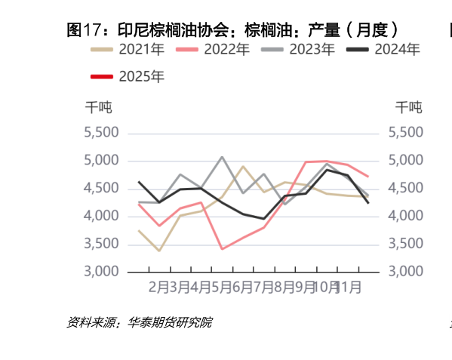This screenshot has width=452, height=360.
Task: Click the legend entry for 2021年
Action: pyautogui.click(x=127, y=50)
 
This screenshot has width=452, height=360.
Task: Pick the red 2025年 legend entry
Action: pyautogui.click(x=127, y=76)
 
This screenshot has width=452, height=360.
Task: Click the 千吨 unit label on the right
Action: pyautogui.click(x=409, y=106)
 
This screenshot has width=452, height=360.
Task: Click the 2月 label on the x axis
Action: pyautogui.click(x=158, y=288)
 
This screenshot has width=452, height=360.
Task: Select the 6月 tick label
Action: pyautogui.click(x=242, y=288)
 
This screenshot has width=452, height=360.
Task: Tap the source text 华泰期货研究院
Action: pyautogui.click(x=170, y=323)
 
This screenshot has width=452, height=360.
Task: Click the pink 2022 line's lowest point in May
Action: pyautogui.click(x=222, y=248)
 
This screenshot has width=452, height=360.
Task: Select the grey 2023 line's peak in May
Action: pyautogui.click(x=222, y=157)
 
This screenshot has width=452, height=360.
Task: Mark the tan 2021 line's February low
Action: pyautogui.click(x=159, y=251)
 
